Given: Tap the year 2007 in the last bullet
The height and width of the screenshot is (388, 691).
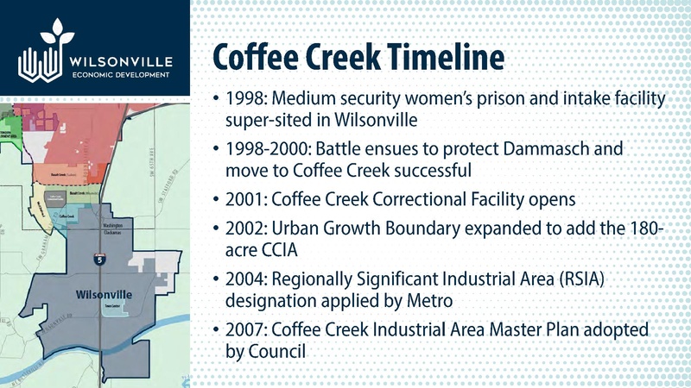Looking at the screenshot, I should tap(244, 332).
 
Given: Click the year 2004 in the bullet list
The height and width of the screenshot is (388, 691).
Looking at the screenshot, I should tap(244, 281).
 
